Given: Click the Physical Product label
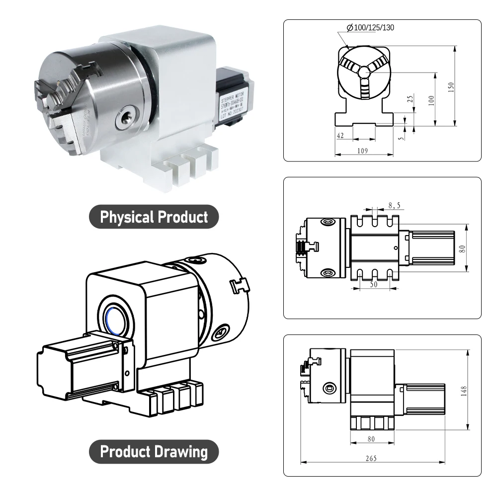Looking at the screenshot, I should [154, 217].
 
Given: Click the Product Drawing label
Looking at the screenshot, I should [154, 452].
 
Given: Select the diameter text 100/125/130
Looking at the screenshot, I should [370, 27].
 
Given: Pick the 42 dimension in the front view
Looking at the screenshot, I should [340, 135].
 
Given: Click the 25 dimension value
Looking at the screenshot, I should [410, 99].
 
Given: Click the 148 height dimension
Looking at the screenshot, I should [464, 391].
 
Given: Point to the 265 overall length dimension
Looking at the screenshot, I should [371, 457].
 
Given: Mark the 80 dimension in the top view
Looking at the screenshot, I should [462, 248].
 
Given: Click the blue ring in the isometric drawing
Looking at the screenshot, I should [114, 318].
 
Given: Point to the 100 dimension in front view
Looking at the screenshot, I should [431, 99].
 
